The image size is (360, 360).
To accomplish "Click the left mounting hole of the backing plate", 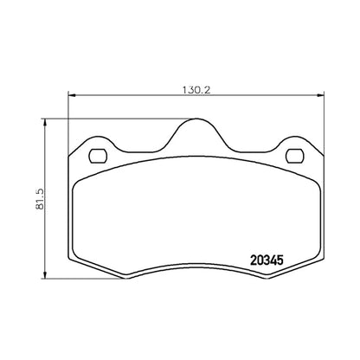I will [98, 156].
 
